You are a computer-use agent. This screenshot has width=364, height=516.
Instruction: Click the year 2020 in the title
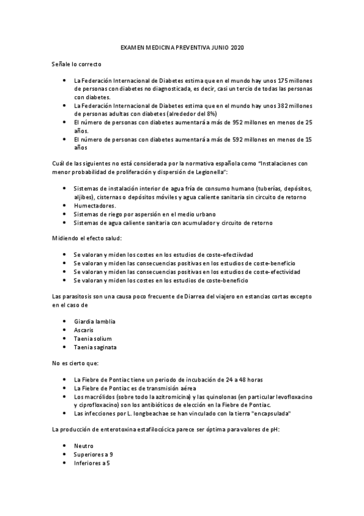235,46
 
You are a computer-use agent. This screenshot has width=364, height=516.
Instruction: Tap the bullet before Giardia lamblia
65,321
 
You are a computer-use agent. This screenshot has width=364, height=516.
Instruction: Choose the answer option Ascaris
83,329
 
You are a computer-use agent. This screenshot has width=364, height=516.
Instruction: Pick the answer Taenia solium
93,338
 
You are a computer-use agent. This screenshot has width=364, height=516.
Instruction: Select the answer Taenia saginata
95,347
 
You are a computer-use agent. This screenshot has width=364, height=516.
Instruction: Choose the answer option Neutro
83,446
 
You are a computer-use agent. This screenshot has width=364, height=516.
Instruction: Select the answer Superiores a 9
93,455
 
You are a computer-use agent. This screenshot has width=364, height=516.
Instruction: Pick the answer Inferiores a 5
92,463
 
